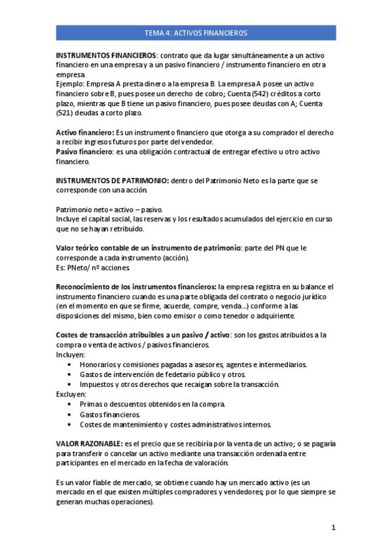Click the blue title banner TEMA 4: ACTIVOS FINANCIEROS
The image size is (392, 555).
196,32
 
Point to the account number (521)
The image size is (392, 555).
66,113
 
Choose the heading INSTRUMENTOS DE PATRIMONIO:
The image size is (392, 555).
113,181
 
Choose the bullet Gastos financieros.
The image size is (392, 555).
110,414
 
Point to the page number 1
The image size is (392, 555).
333,528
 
